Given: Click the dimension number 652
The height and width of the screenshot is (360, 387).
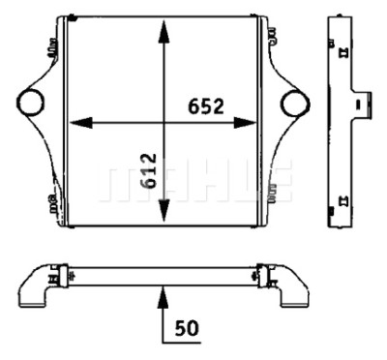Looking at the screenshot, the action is tap(206, 106).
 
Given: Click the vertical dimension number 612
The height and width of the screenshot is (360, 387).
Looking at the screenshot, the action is tap(149, 171).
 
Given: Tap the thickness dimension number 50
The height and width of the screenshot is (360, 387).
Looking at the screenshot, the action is tap(187, 328).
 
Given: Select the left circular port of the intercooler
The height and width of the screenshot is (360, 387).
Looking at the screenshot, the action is tap(29, 103).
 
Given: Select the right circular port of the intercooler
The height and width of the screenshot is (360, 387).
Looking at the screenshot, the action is tap(295, 104).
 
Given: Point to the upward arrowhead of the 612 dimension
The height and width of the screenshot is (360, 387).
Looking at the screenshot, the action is tap(164, 32).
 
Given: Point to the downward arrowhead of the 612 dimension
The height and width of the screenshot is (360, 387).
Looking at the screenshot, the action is tap(164, 210).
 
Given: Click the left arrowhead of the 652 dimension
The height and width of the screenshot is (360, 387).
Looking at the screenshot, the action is tap(81, 123).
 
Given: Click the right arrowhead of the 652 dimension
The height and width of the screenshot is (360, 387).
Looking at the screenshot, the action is tap(245, 123).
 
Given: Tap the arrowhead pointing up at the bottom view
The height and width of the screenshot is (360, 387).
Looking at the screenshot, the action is tap(164, 297).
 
